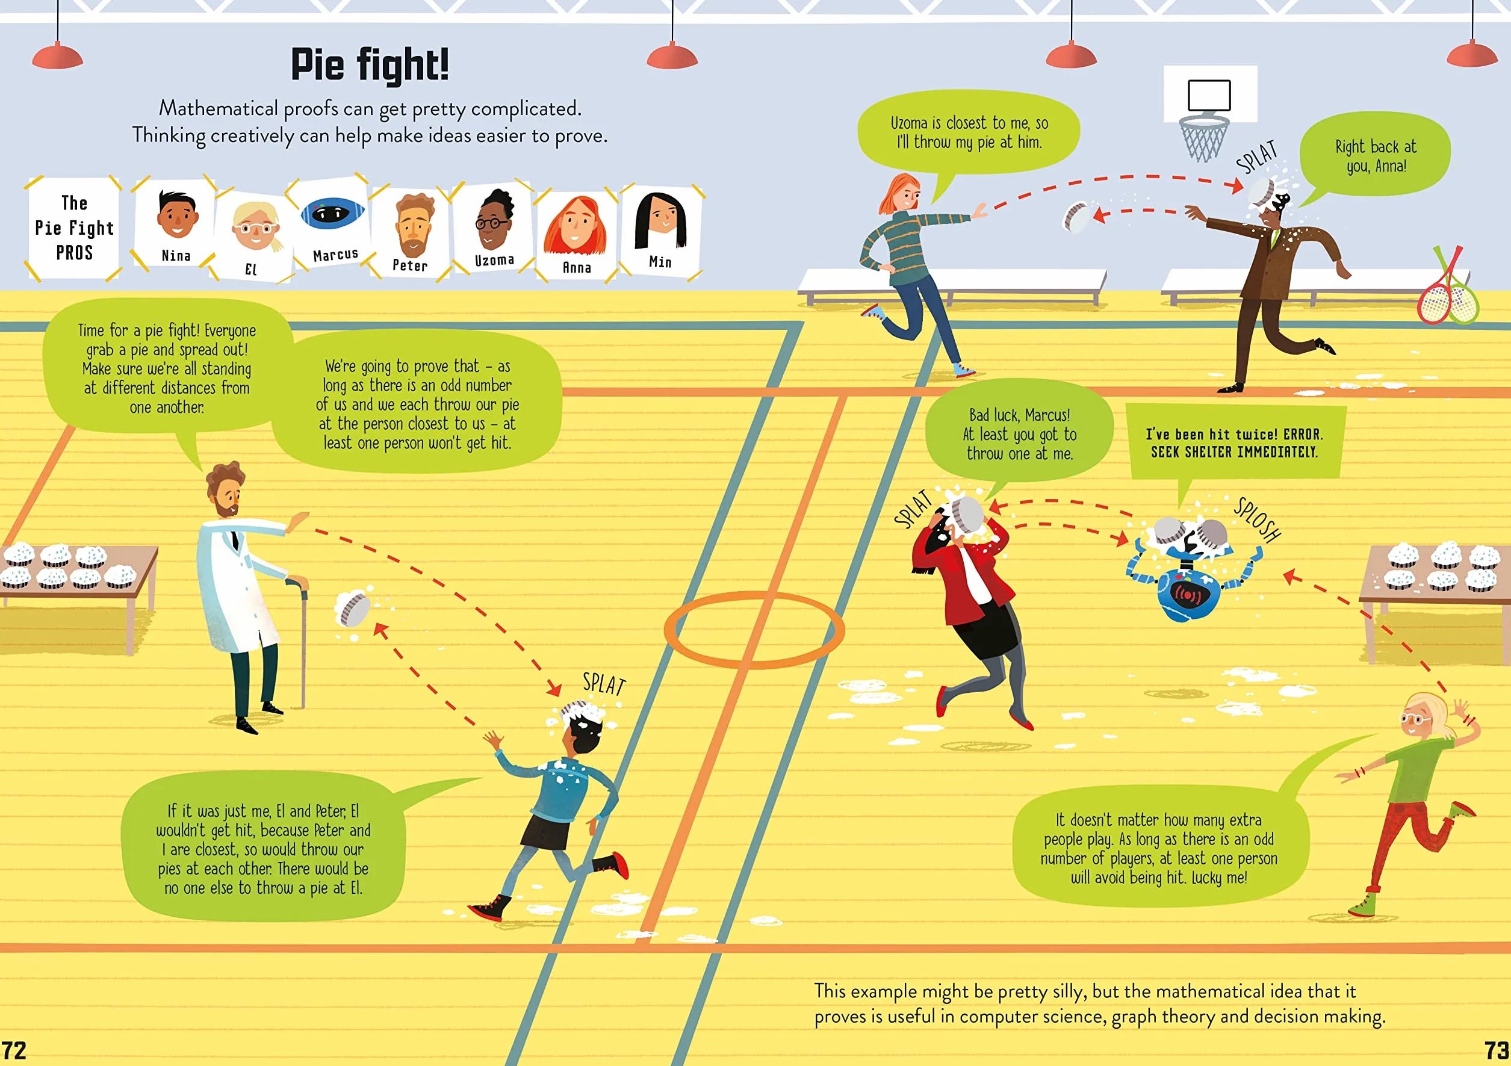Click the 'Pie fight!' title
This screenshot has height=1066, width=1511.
[370, 64]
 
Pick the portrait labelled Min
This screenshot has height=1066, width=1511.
[661, 232]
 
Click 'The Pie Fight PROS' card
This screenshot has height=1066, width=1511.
[73, 228]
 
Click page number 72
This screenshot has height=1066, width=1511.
[14, 1050]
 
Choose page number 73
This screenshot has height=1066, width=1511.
[1496, 1050]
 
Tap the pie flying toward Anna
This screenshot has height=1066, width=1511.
[1076, 218]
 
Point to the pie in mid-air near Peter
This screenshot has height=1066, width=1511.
[353, 609]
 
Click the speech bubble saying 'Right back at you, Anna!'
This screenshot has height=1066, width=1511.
[1375, 156]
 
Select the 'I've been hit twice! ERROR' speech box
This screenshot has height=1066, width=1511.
[1235, 442]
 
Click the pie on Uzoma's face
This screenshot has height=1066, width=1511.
[1263, 192]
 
